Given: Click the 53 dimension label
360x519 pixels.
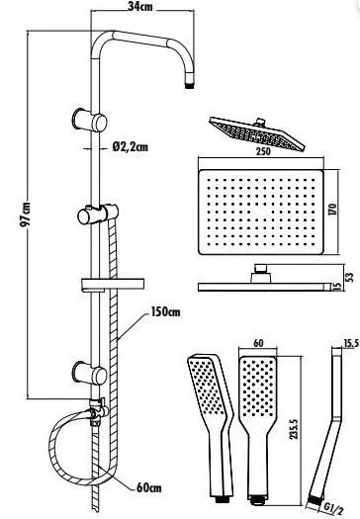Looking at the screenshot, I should click(347, 279).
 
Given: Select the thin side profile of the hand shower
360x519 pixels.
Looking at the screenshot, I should click(322, 426).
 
